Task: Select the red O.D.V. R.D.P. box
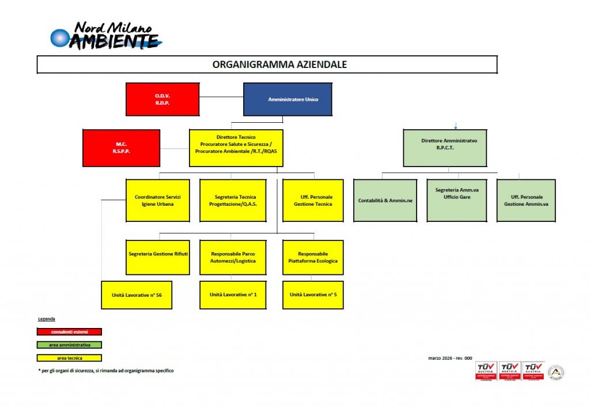162,99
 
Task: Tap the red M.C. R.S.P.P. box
121,148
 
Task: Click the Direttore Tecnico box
236,148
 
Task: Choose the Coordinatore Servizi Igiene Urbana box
158,200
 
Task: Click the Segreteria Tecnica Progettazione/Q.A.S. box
233,200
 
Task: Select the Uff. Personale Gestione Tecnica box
313,200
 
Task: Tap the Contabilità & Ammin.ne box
384,200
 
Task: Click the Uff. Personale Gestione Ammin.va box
526,200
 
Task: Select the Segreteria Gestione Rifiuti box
158,257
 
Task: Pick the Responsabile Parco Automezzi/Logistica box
233,257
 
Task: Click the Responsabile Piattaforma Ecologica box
313,257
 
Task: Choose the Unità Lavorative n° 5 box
313,295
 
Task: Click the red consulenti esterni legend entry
69,331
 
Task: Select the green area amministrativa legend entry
69,345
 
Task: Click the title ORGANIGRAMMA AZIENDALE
279,65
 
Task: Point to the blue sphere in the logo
59,38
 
